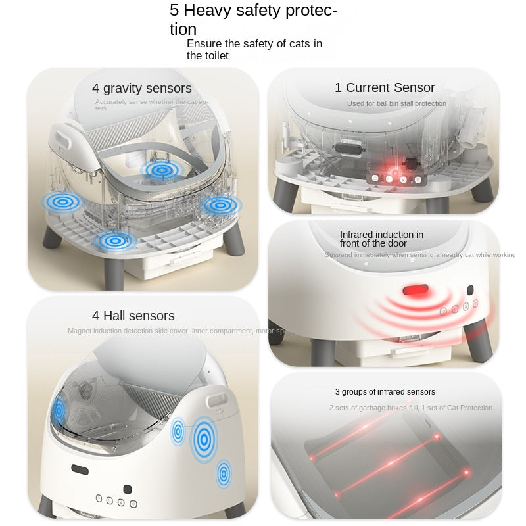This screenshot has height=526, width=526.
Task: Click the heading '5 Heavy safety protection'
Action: point(253,20)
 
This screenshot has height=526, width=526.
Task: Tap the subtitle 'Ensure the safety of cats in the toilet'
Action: point(254,49)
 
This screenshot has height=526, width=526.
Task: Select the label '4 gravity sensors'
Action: point(142,88)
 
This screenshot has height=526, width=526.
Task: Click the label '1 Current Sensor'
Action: point(385,87)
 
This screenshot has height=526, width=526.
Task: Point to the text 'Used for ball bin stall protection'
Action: point(396,103)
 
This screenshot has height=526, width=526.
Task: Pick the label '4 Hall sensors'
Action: point(133,316)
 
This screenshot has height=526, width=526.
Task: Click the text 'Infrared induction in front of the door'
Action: point(381,239)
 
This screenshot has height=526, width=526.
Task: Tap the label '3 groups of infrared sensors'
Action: point(385,392)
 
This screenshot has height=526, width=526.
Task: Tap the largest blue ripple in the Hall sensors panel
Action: point(204,439)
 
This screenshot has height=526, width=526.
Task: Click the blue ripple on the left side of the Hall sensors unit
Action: point(59,411)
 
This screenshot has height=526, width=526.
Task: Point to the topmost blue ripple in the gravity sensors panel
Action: point(158,170)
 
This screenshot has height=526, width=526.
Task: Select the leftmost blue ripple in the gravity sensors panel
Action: point(63,202)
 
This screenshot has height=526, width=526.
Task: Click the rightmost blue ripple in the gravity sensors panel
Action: point(219,205)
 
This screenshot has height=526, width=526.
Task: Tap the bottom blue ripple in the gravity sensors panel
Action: point(115,241)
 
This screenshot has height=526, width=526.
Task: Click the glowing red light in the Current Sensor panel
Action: point(390,170)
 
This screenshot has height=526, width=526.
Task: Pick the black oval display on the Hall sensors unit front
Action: point(80,470)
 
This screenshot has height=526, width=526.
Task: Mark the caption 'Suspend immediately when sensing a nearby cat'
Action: point(419,255)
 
